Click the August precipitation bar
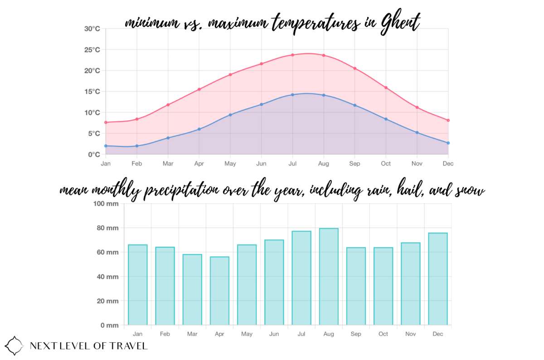(329, 277)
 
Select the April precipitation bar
(219, 291)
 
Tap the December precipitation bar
(438, 279)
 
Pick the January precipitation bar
(137, 285)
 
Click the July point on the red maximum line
(292, 55)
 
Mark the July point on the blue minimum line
(292, 95)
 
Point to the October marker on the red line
(386, 88)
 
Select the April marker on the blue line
(199, 129)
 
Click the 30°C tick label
(92, 29)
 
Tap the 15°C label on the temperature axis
(92, 92)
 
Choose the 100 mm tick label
(106, 204)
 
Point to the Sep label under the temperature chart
(355, 164)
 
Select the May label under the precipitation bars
(247, 334)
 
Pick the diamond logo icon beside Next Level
(14, 345)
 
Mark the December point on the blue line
(448, 143)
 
